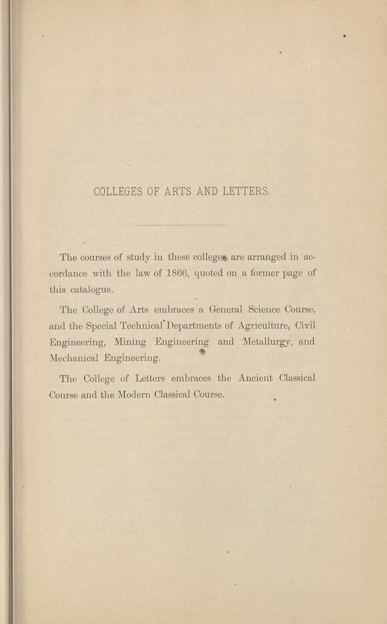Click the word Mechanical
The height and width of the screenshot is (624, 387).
click(74, 358)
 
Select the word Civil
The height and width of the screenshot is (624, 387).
click(304, 326)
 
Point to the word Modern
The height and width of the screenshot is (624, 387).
click(134, 394)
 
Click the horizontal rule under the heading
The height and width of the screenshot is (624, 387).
click(182, 225)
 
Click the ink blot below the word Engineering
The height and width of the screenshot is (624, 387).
click(203, 351)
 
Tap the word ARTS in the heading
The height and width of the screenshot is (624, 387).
click(178, 192)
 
